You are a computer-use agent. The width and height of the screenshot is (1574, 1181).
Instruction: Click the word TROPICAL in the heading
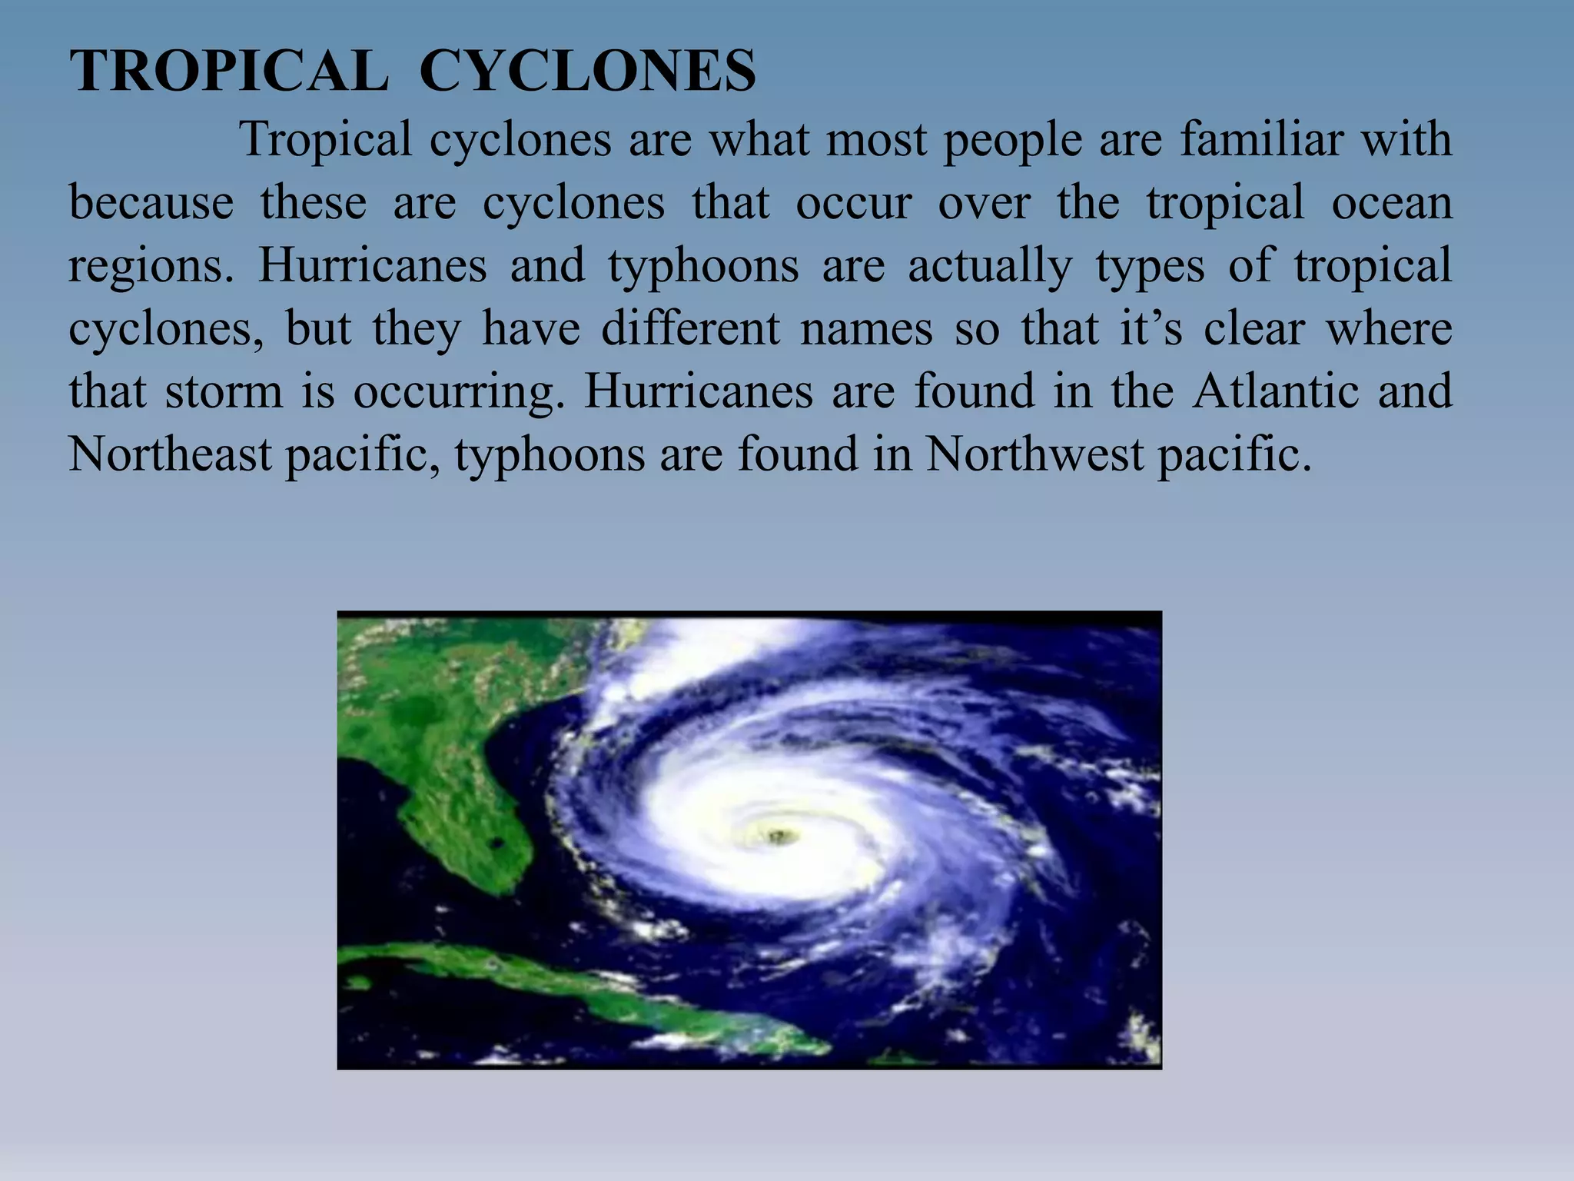(x=229, y=72)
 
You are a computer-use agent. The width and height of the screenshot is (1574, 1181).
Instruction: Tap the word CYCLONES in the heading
(x=587, y=72)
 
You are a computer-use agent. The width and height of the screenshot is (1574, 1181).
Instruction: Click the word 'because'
(x=151, y=203)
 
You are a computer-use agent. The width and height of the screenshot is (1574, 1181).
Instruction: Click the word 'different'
(x=689, y=329)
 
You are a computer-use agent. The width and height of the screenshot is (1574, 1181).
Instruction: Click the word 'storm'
(x=224, y=392)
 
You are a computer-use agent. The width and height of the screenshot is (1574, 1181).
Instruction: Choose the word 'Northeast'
(x=170, y=454)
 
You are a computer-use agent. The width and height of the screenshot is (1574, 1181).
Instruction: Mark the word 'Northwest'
(x=1034, y=454)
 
